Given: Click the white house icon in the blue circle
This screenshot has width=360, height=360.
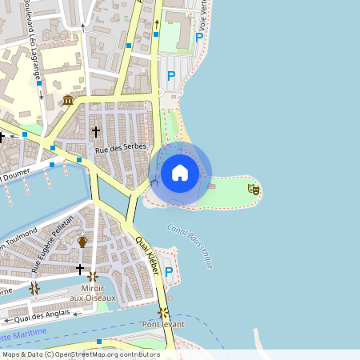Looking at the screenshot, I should [x=180, y=172].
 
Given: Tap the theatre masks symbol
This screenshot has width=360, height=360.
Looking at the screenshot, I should [x=254, y=189].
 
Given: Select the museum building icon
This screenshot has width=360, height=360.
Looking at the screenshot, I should [x=68, y=100].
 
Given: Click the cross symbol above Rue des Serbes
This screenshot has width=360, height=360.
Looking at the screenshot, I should [x=96, y=130].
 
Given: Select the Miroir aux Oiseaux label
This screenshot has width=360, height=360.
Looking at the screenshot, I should [x=98, y=293].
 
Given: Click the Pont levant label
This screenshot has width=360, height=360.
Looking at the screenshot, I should [x=164, y=323].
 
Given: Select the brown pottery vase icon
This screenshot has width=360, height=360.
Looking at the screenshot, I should [x=82, y=239].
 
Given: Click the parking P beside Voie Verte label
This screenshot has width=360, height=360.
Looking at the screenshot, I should [x=199, y=36].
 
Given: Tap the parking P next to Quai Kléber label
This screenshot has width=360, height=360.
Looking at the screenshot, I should [x=169, y=272].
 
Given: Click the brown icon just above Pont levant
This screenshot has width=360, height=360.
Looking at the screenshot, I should [x=163, y=311].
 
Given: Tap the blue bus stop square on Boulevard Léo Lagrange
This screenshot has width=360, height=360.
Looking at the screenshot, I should [x=38, y=83].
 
